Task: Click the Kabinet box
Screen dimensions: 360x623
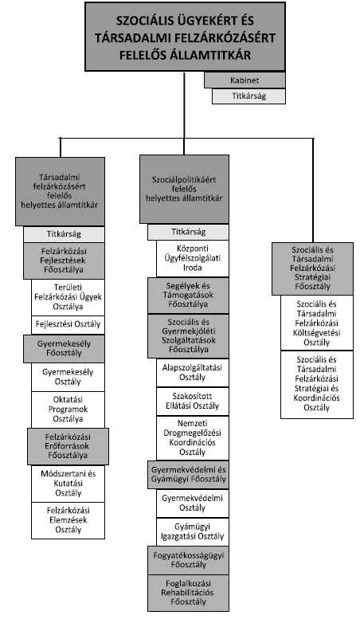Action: click(x=245, y=80)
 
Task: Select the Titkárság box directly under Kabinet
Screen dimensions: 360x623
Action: click(x=248, y=96)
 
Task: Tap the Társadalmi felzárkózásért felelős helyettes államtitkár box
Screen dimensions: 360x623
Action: click(x=60, y=191)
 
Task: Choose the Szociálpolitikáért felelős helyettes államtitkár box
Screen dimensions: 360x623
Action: click(x=184, y=189)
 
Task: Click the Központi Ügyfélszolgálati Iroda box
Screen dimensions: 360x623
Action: click(x=193, y=258)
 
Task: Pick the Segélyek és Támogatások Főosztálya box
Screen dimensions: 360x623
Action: click(x=188, y=296)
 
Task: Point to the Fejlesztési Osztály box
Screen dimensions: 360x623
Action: click(x=68, y=324)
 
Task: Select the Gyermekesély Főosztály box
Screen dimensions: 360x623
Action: click(x=64, y=348)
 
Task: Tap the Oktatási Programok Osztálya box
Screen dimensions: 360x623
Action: click(x=68, y=409)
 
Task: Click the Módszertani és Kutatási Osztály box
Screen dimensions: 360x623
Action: click(x=68, y=484)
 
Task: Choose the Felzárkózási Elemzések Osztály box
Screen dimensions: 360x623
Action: click(x=68, y=520)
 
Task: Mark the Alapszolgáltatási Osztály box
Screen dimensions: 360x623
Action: click(x=193, y=373)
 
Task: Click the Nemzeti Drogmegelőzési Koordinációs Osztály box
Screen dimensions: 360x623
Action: click(x=193, y=438)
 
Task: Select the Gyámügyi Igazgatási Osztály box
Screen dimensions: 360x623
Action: click(x=193, y=531)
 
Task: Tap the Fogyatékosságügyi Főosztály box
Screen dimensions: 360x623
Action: click(x=188, y=560)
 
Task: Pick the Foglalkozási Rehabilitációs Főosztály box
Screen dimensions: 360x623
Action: click(x=188, y=593)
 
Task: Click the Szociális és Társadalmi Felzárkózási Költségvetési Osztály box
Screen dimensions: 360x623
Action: click(x=317, y=323)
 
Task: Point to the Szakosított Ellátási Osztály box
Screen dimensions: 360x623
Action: click(x=193, y=402)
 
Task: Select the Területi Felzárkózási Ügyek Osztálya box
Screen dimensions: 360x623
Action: click(x=68, y=297)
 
